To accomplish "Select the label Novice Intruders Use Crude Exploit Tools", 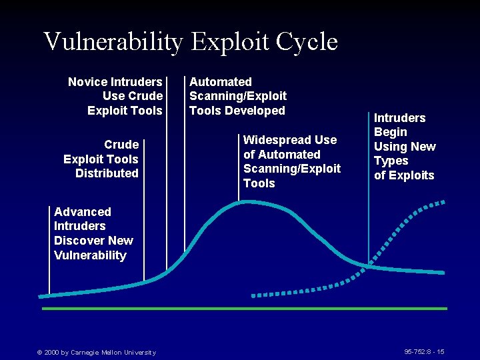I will click(x=116, y=96).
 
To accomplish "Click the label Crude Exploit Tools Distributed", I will click(x=102, y=159).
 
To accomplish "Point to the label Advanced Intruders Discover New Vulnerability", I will click(x=93, y=233).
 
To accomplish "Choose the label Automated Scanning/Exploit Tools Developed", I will click(x=237, y=96).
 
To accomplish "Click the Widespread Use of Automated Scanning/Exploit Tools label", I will click(x=291, y=161).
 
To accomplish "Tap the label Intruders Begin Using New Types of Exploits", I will click(x=404, y=147).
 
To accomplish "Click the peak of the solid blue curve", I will click(x=243, y=201).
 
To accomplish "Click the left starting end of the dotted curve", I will click(x=254, y=295).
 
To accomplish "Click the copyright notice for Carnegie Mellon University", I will click(x=96, y=352).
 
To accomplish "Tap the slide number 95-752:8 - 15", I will click(x=424, y=351).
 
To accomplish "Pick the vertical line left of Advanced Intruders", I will click(x=49, y=250).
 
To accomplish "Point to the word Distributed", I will click(x=107, y=173).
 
